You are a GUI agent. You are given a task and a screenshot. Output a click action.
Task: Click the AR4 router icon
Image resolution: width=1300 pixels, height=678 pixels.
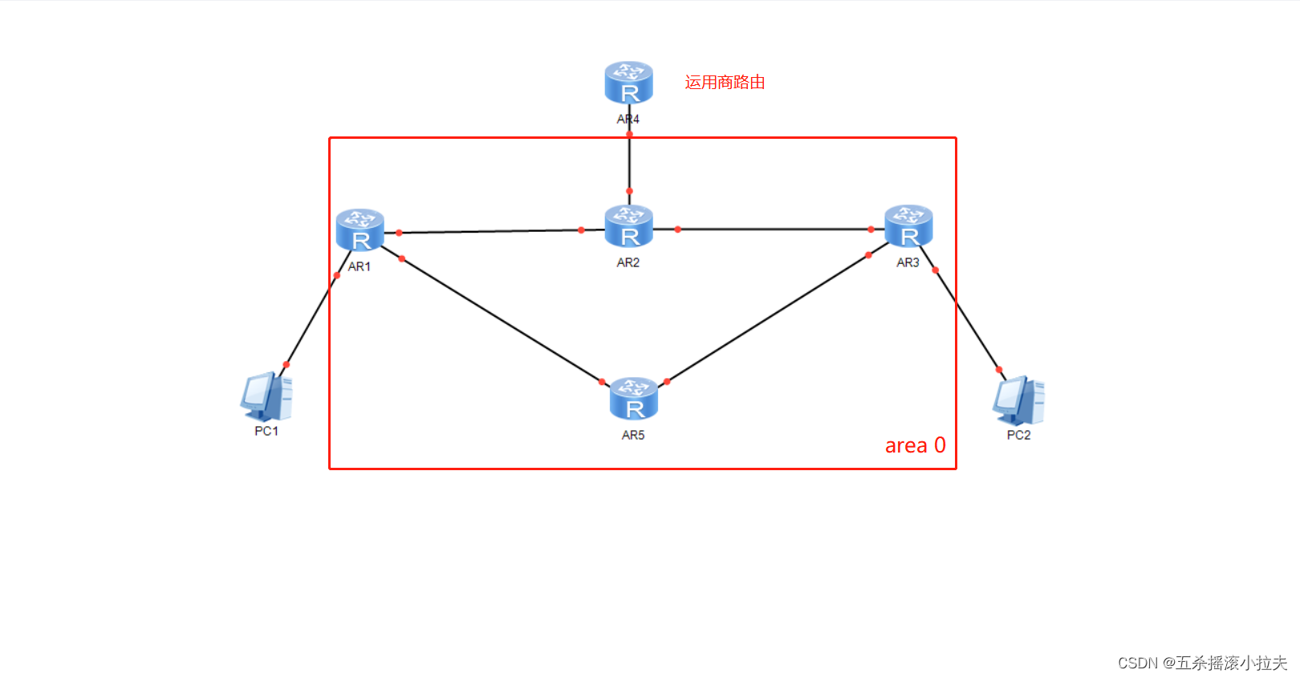[x=628, y=83]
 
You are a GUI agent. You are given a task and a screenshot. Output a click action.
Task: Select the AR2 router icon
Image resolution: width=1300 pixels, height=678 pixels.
[x=628, y=226]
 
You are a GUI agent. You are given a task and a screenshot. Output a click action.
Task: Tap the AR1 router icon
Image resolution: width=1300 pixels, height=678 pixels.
[x=360, y=229]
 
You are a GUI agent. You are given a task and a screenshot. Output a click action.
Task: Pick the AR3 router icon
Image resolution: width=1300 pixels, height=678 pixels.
[x=908, y=225]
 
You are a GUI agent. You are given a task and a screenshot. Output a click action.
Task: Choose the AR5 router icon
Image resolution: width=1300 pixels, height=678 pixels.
[x=633, y=399]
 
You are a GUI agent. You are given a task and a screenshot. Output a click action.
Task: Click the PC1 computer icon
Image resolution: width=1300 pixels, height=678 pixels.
[x=266, y=397]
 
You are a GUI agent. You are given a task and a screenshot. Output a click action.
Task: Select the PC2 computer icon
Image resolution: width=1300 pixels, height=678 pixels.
[x=1018, y=400]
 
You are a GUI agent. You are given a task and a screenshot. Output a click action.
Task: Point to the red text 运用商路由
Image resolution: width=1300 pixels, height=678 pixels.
[x=725, y=83]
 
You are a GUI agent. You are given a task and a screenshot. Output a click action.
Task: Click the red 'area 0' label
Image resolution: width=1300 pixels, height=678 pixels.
[x=915, y=445]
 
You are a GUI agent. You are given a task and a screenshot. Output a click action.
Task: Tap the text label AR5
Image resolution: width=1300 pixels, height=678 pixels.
[x=633, y=435]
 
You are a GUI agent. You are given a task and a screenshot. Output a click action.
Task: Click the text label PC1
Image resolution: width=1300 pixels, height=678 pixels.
[x=266, y=431]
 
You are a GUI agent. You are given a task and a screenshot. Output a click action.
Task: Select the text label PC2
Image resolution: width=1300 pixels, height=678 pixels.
[x=1018, y=435]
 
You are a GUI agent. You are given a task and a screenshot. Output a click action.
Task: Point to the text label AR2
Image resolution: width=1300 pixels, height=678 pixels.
[x=628, y=262]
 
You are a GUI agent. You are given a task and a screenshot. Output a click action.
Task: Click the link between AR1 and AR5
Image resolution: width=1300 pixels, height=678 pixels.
[x=502, y=320]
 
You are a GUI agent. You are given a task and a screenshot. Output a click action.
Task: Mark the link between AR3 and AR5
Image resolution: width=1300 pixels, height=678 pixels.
[x=768, y=319]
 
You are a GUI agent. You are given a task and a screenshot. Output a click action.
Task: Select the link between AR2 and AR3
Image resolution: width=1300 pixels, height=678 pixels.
[x=774, y=229]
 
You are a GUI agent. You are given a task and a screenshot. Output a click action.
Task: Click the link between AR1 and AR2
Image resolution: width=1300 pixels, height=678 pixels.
[x=490, y=231]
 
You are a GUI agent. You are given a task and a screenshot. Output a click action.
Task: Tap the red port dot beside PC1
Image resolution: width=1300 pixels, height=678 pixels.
[x=286, y=365]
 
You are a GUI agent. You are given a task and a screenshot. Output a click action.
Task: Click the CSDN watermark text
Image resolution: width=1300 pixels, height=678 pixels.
[x=1202, y=663]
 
